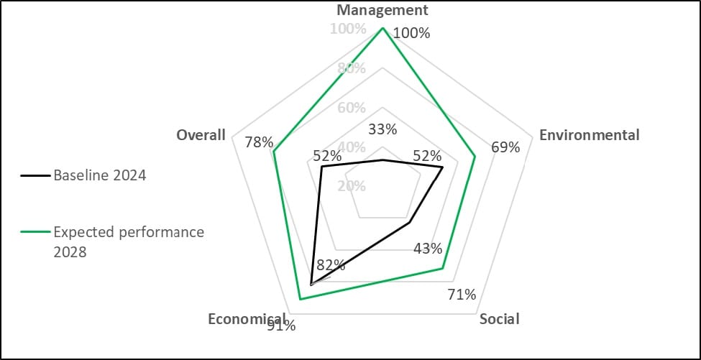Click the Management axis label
click(382, 10)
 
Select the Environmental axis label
click(589, 134)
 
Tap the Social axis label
click(499, 318)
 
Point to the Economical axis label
click(247, 318)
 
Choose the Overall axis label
click(201, 134)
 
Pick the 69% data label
click(505, 147)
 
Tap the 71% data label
click(462, 294)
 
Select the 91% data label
click(281, 326)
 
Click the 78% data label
click(258, 142)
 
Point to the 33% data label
click(382, 129)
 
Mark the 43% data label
click(428, 249)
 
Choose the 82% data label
click(331, 264)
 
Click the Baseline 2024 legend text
click(100, 175)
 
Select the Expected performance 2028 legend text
click(129, 241)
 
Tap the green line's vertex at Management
click(382, 28)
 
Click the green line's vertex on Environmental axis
click(475, 156)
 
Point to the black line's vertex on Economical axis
click(310, 285)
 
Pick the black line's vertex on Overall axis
click(321, 167)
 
